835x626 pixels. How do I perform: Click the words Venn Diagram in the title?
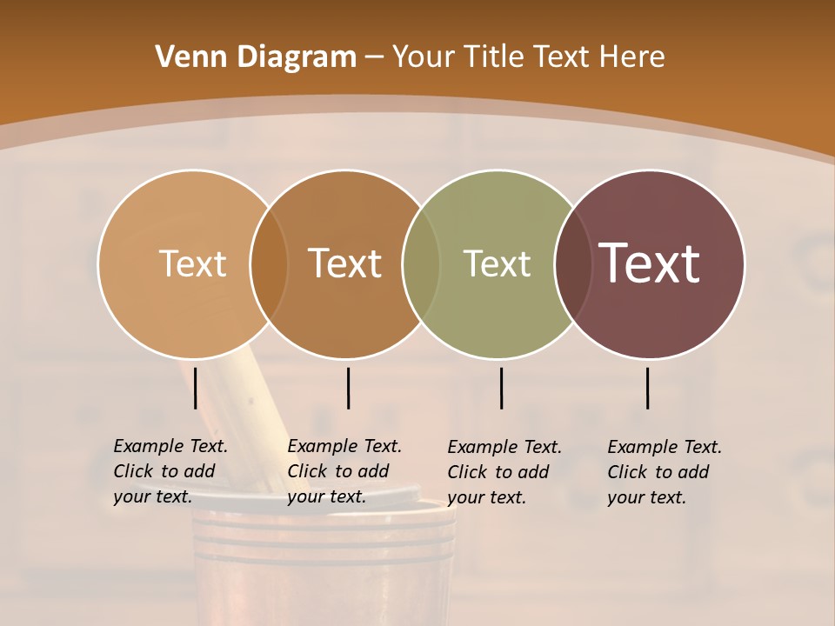256,57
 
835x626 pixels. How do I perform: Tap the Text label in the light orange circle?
192,263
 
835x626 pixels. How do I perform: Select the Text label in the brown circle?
345,263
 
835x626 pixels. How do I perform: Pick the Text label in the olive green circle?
497,263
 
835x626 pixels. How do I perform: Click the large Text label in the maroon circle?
650,263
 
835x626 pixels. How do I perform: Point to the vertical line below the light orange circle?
196,388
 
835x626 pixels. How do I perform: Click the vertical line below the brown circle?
348,388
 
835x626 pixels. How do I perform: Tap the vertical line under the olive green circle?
501,388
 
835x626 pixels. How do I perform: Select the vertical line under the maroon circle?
648,388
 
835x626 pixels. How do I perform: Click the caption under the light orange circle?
170,471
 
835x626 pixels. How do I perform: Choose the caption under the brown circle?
344,471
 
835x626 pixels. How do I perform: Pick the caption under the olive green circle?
504,472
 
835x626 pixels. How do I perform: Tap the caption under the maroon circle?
665,472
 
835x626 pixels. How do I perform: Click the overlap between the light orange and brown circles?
269,263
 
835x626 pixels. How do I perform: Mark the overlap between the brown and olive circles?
421,263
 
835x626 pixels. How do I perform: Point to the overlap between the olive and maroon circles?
572,263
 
